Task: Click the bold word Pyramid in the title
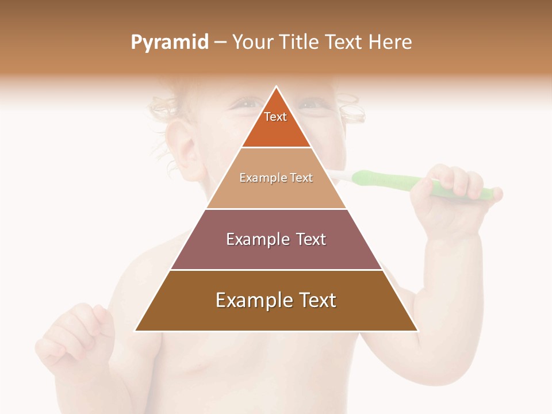point(170,43)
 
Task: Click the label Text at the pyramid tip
point(275,117)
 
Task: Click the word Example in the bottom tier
point(252,301)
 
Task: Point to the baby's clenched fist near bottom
point(75,333)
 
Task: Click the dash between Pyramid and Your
point(220,43)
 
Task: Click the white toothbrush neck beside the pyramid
point(339,175)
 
